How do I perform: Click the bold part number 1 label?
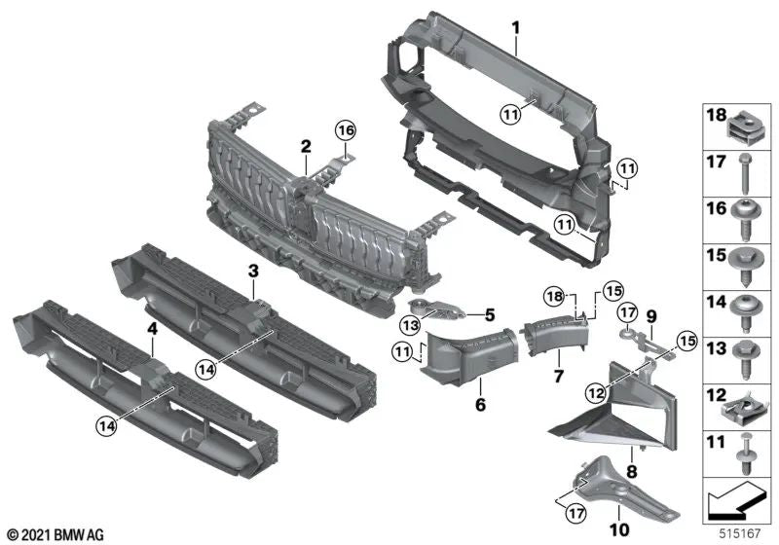517,26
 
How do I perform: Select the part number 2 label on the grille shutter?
306,146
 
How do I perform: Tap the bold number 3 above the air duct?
252,270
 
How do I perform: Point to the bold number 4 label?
152,330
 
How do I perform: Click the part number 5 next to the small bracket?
490,314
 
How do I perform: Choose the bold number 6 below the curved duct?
479,402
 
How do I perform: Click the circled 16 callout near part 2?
345,129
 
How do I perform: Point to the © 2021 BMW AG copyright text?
55,534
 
